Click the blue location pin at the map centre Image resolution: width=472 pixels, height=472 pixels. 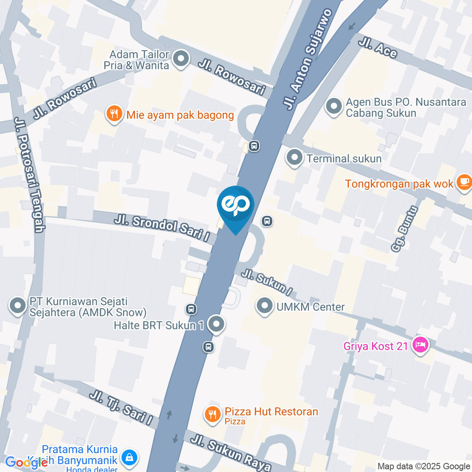pos(236,206)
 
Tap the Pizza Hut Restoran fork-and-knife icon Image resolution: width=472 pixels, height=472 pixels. pos(212,414)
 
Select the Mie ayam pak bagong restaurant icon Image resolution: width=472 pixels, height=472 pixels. pos(114,115)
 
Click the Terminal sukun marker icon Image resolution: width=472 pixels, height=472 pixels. pos(295,158)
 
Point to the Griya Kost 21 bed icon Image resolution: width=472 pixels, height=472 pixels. pos(420,346)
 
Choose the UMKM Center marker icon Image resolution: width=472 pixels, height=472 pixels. pos(265,306)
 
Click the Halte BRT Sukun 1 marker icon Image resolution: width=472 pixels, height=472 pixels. pos(216,324)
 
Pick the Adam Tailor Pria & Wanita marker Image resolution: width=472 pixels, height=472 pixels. pos(181,59)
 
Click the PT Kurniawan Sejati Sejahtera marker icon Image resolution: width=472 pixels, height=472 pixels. pos(18,306)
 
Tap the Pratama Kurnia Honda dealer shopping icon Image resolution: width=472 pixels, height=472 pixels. pos(129,457)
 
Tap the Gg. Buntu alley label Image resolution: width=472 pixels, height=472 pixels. pos(405,229)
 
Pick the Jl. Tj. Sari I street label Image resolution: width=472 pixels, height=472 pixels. pos(121,407)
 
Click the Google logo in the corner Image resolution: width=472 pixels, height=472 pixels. pos(20,462)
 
